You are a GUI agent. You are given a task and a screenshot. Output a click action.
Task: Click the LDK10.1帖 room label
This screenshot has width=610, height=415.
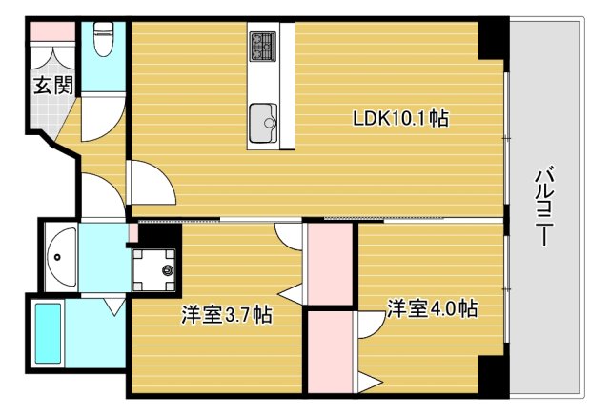pos(400,120)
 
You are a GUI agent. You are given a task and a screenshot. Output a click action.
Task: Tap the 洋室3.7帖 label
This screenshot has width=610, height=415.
pos(227,315)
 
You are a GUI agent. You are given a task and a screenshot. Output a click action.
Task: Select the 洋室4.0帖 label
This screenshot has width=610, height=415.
pos(432,309)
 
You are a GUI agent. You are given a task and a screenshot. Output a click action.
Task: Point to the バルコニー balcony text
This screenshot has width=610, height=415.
pos(544,206)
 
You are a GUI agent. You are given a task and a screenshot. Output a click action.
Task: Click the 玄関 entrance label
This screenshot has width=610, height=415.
pos(53,86)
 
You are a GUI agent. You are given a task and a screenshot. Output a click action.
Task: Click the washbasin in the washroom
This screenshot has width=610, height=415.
pos(63,255)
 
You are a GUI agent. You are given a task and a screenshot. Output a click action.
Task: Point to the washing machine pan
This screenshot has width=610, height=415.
pos(153,268)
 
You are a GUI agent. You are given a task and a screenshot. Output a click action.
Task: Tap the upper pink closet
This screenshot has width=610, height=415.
pos(330,266)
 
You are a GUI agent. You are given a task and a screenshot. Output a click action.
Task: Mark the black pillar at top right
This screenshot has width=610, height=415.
pos(492,40)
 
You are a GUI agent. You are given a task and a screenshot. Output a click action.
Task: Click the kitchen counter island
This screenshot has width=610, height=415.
pos(272,86)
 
